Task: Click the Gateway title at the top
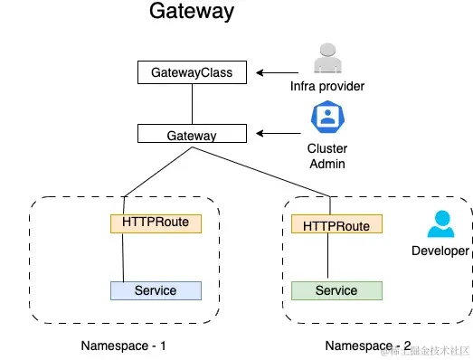click(191, 12)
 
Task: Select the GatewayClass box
click(191, 72)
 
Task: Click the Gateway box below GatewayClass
click(191, 135)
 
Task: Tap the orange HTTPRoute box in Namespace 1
click(156, 223)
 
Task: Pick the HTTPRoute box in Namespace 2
click(336, 225)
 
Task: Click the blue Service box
click(156, 290)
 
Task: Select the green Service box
click(336, 290)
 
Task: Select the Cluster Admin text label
click(326, 156)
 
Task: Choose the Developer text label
click(440, 251)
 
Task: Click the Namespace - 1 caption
click(123, 346)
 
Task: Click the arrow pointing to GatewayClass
click(272, 72)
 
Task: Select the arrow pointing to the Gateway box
click(273, 135)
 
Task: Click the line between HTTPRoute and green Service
click(327, 258)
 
